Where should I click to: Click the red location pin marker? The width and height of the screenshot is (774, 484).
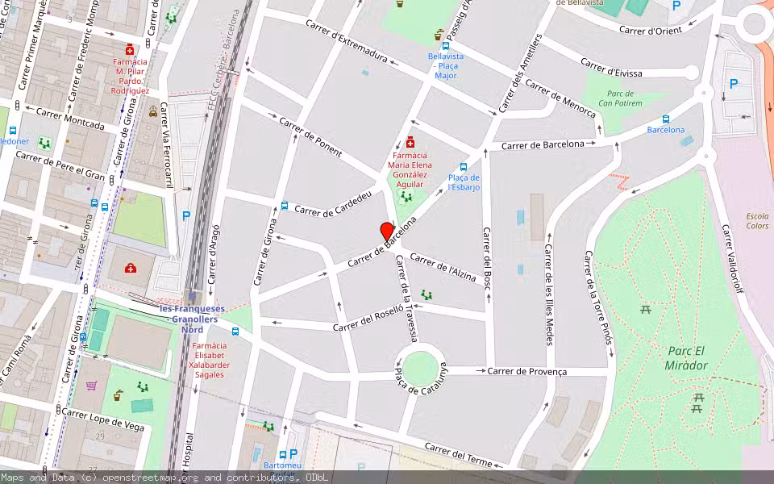coord(388,232)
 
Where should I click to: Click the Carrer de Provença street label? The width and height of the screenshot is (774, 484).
coord(527,372)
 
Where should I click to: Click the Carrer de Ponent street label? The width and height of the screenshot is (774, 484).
coord(310,136)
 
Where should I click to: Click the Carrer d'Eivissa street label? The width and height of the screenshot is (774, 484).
coord(611,68)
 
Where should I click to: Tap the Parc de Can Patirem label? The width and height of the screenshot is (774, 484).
coord(620,98)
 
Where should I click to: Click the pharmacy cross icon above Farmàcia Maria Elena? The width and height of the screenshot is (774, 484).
coord(410,141)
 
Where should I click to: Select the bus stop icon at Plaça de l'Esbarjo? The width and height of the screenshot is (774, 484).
coord(464,167)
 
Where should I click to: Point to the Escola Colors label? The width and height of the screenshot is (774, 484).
coord(757,221)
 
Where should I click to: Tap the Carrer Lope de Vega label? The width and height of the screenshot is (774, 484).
coord(103,419)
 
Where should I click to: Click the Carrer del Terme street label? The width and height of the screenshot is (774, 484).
coord(458,455)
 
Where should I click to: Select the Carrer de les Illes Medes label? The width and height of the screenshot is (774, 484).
coord(548,294)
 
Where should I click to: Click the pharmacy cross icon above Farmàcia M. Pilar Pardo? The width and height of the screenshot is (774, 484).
coord(129,49)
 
